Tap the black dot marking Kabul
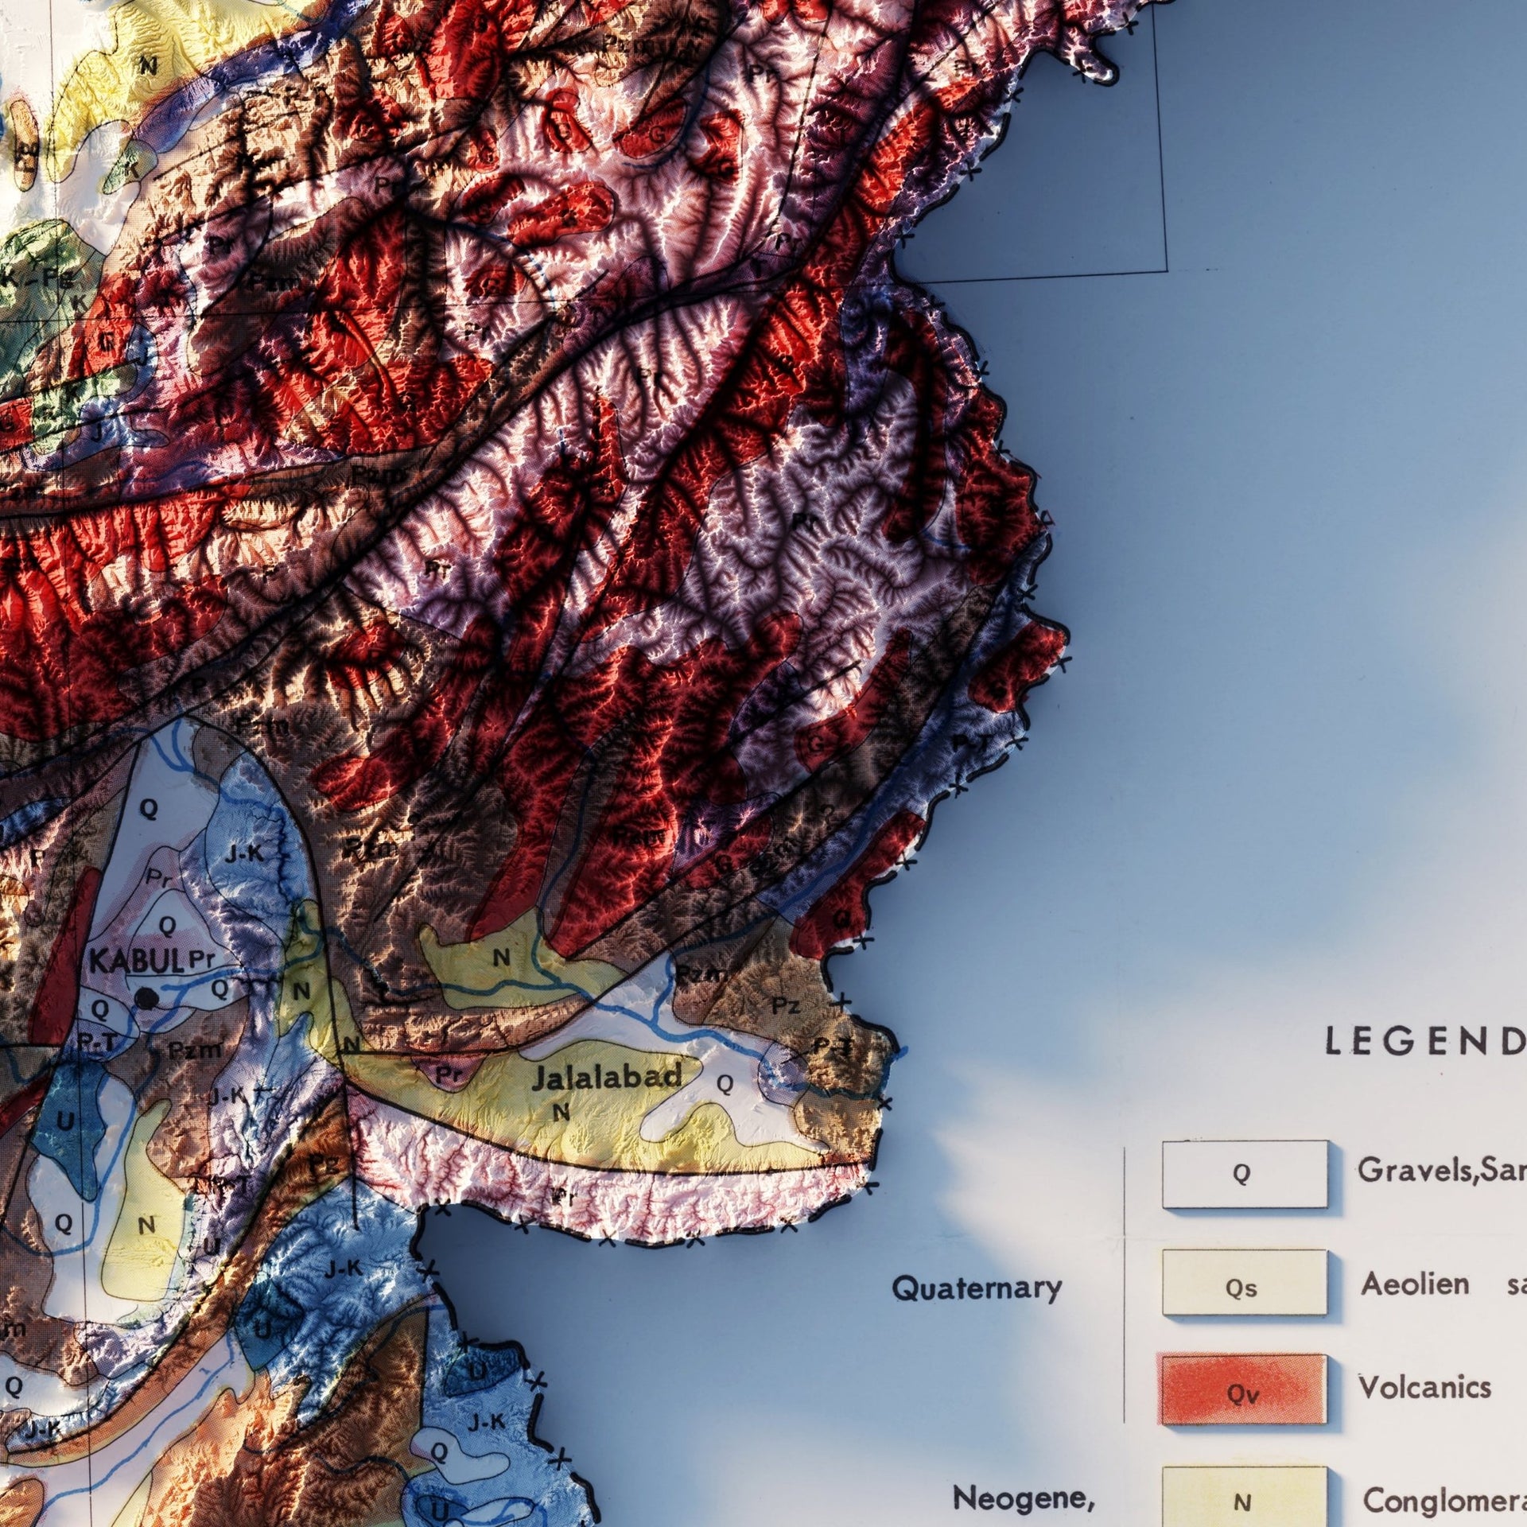point(145,998)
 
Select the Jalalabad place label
point(607,1078)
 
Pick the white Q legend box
point(1244,1174)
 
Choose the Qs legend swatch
point(1244,1282)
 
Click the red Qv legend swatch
point(1244,1389)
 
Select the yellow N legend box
point(1244,1497)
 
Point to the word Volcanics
point(1424,1387)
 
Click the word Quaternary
point(977,1288)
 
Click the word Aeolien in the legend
point(1414,1284)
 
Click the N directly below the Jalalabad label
point(561,1112)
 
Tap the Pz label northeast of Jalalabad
point(785,1005)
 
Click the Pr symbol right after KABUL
point(203,960)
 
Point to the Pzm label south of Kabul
point(195,1050)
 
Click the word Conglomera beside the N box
point(1443,1500)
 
